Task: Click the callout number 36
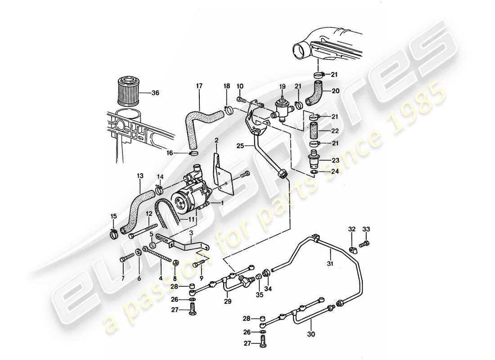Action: (x=156, y=94)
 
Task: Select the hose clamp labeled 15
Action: (x=114, y=233)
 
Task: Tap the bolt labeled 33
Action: (x=365, y=244)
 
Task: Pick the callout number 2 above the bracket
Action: (x=216, y=140)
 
